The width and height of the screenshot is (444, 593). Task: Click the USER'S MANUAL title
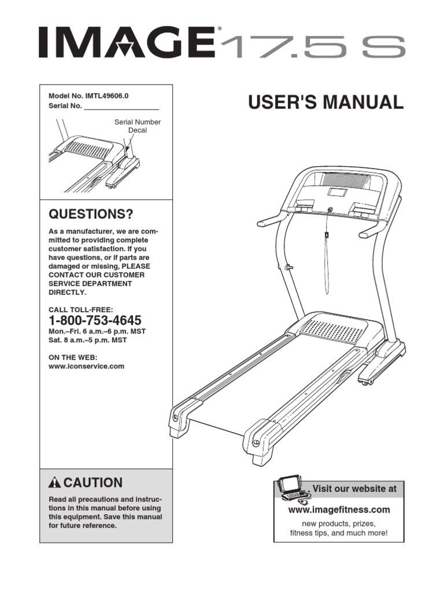point(325,103)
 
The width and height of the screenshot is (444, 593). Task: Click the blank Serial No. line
point(121,107)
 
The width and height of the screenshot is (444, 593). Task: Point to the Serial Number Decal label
point(138,126)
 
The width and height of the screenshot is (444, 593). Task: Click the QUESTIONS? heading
point(90,215)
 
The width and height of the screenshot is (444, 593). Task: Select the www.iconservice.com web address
point(87,366)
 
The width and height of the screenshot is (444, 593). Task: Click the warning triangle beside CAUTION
point(55,484)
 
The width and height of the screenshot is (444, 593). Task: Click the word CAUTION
point(93,483)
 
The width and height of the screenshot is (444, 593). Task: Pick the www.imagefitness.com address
point(339,510)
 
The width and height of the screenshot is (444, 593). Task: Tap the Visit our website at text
point(354,489)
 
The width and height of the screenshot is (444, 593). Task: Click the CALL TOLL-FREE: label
point(76,310)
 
